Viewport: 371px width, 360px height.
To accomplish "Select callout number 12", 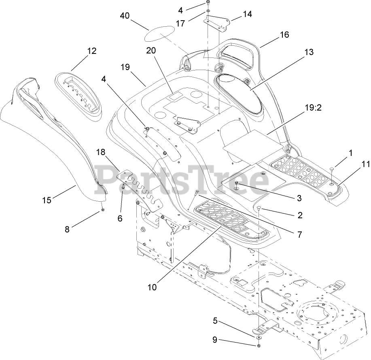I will click(x=91, y=51).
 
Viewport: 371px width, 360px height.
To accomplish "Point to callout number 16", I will click(x=284, y=35).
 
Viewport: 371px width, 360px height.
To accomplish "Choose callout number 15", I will click(x=47, y=200).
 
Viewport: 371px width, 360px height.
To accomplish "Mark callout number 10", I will click(x=152, y=288).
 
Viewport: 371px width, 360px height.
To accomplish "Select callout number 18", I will click(x=101, y=152).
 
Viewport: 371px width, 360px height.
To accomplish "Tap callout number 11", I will click(x=354, y=164).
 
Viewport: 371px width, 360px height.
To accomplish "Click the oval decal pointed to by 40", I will click(x=161, y=33).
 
